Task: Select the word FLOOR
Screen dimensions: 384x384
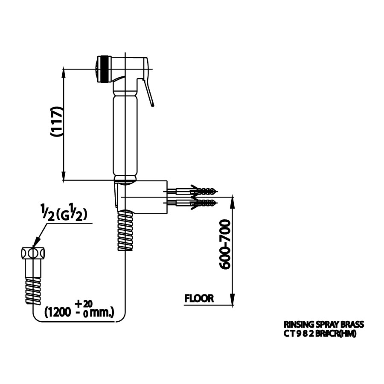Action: click(x=199, y=299)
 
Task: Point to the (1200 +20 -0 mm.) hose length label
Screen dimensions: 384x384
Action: click(x=79, y=309)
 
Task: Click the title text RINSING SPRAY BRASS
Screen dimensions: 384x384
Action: click(x=324, y=325)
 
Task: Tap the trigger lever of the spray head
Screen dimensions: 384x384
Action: click(x=149, y=92)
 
